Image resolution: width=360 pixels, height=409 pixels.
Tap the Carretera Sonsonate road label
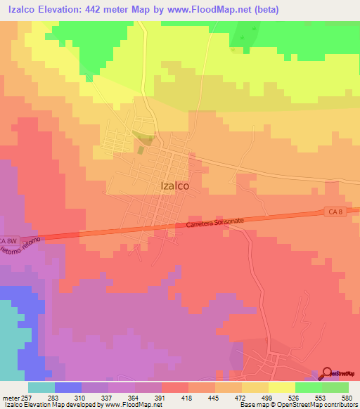coord(215,222)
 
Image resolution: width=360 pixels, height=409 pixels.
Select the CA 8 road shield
coord(335,212)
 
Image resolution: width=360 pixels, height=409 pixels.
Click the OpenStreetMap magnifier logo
coord(327,373)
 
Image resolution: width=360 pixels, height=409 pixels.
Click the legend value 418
coord(188,398)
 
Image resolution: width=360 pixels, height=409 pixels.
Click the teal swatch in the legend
coord(41,387)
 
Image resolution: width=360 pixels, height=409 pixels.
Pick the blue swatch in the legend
coord(67,387)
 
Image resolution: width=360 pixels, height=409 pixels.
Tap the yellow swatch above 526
coord(281,387)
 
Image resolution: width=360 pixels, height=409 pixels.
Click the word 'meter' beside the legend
coord(9,398)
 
